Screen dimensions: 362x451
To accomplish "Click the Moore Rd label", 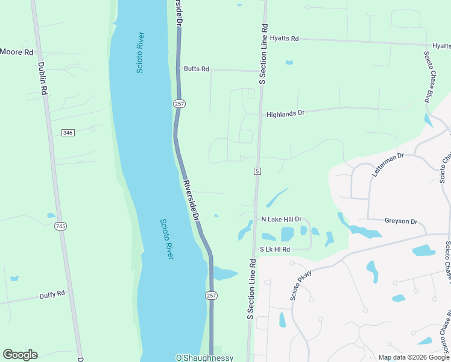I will (x=17, y=52).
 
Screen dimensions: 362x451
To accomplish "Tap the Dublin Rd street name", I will (x=43, y=79).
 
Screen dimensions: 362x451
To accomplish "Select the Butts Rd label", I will (x=197, y=69).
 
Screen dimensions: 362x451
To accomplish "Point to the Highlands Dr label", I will (x=286, y=113).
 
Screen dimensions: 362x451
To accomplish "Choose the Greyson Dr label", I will (x=402, y=221).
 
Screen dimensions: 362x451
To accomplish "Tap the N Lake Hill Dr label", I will (x=281, y=219).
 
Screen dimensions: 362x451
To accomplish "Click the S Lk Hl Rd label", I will (x=275, y=249).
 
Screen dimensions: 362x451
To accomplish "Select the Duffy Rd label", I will (x=52, y=295).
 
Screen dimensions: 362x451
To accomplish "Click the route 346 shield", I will (x=68, y=133).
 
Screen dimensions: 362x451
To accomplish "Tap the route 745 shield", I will (x=60, y=226).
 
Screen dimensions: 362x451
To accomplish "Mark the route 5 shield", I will (x=257, y=171).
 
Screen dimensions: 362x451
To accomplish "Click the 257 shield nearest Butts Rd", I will (x=180, y=104).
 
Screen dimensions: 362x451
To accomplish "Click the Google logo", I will (x=20, y=355).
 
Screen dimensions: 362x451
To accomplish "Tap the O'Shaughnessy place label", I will (x=204, y=358).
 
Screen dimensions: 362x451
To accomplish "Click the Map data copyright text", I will (x=414, y=357).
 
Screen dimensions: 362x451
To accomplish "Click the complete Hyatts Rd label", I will (x=285, y=39).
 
